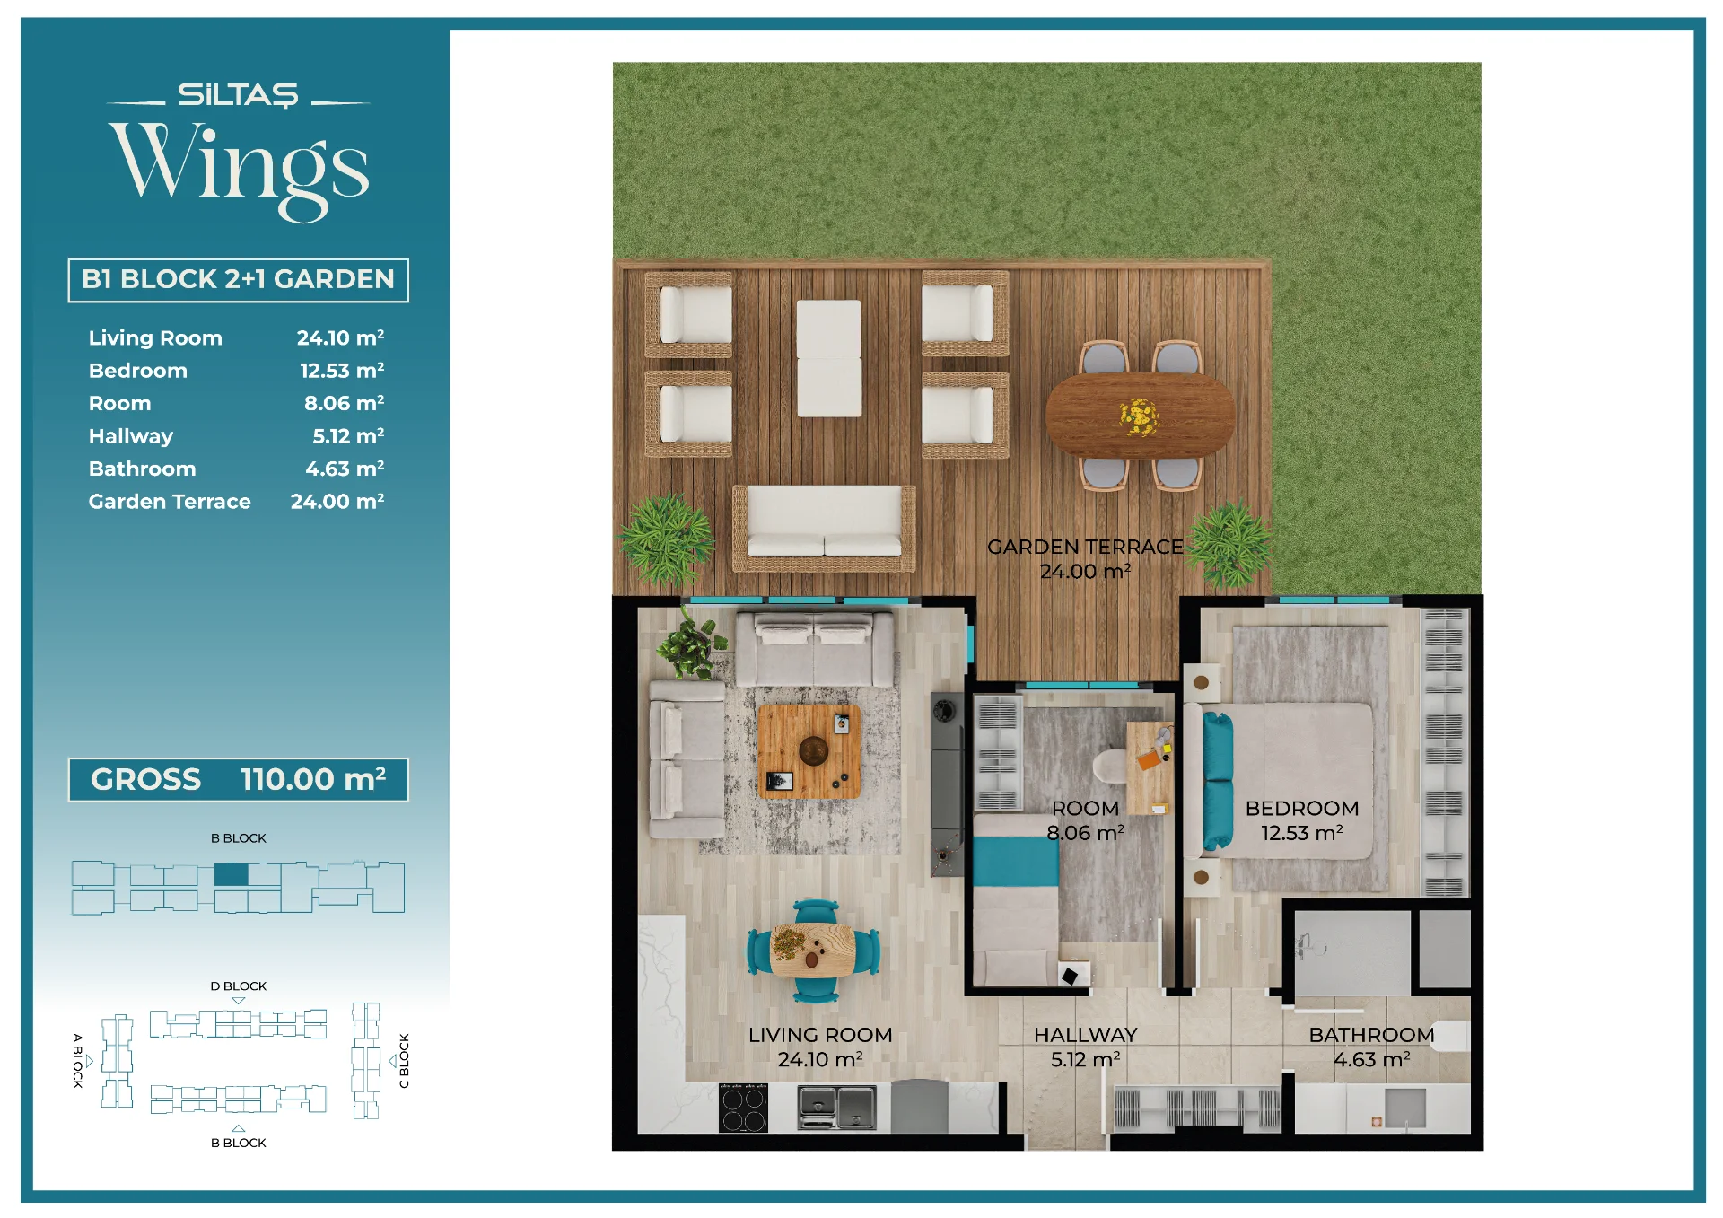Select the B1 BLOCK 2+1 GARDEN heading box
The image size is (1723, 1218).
238,280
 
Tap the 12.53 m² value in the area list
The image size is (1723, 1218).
342,370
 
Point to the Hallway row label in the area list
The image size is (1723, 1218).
131,436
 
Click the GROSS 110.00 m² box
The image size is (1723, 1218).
238,779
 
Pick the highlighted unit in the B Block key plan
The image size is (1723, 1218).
232,874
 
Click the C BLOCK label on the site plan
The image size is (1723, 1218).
404,1061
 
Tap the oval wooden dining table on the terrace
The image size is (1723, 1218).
1140,416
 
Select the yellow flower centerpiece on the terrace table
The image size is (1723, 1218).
1140,416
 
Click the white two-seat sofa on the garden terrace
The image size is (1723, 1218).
824,528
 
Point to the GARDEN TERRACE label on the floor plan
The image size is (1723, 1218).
1085,547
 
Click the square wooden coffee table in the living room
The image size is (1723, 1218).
809,751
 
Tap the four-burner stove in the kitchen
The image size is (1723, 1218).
744,1108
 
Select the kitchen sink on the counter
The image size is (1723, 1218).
837,1108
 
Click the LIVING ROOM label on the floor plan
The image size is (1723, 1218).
820,1035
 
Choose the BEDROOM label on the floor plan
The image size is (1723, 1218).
1302,808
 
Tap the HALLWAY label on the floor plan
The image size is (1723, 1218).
1086,1035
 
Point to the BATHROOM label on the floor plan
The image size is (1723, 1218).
1371,1035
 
